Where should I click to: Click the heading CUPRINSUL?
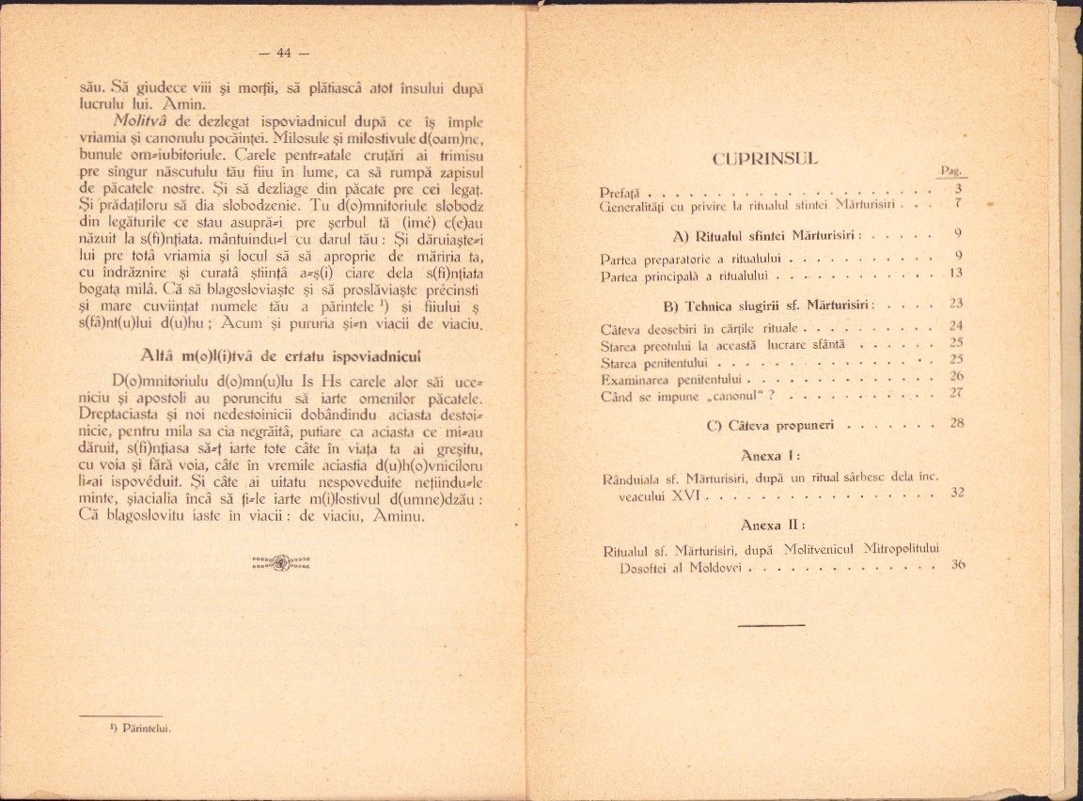click(x=766, y=159)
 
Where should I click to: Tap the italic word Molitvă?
click(x=139, y=121)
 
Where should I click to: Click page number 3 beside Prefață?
click(x=957, y=188)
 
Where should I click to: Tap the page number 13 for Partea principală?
click(x=956, y=273)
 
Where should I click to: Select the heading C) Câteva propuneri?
click(x=770, y=425)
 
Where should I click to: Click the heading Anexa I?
click(x=770, y=456)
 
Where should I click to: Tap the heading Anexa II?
click(x=770, y=525)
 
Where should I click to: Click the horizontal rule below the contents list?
click(x=771, y=624)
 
